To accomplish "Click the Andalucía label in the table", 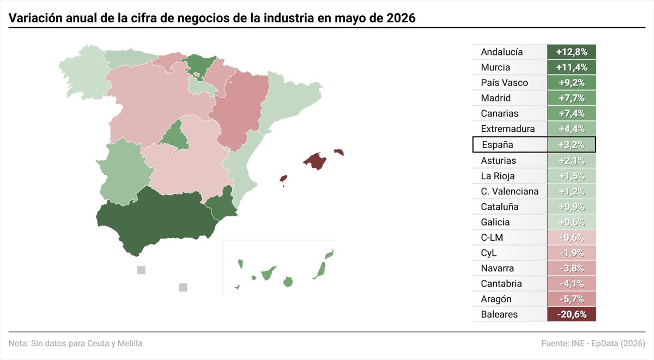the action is coord(501,52).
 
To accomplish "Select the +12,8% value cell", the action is coord(571,52).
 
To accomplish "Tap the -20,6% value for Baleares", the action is coord(571,314).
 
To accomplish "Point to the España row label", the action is coord(497,145).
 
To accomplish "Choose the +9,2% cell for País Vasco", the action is coord(571,83).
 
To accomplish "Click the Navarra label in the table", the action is coord(497,268).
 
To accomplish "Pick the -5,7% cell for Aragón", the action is coord(571,299).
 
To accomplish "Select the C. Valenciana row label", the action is coord(510,191).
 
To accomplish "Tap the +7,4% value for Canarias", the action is coord(571,113).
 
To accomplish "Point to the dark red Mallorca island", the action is coord(315,161).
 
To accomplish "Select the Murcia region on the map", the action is coord(222,204).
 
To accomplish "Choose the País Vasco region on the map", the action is coord(198,66).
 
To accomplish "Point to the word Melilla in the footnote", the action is coord(130,343).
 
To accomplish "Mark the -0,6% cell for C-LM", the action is coord(571,237).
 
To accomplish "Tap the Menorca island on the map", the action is coord(339,152).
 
